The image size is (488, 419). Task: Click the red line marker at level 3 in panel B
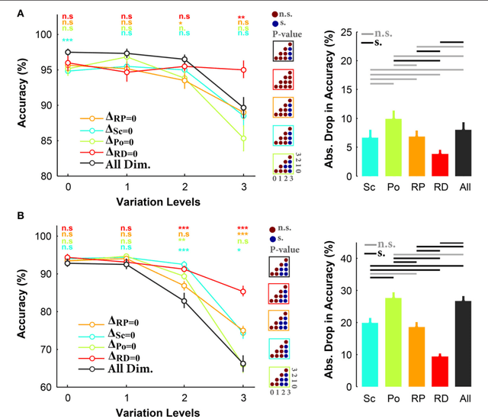point(243,291)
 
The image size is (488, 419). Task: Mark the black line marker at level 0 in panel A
point(68,52)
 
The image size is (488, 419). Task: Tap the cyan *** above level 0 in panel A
point(68,40)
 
